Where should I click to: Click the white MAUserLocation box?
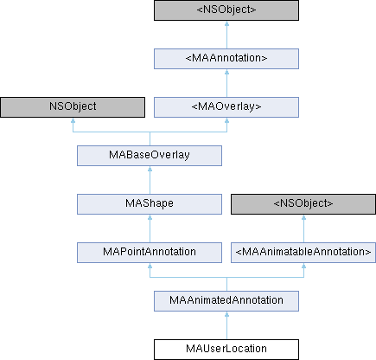coord(226,350)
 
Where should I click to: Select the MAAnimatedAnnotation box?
coord(226,301)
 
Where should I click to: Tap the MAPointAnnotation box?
coord(150,253)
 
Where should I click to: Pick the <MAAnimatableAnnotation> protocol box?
coord(303,253)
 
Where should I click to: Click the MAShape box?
coord(150,204)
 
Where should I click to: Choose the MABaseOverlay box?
coord(150,156)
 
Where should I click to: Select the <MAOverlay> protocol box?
coord(226,107)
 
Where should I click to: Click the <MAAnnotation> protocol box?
coord(226,59)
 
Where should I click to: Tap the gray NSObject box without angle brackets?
coord(73,107)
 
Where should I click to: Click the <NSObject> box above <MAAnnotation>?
coord(226,10)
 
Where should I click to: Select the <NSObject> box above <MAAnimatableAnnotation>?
coord(303,204)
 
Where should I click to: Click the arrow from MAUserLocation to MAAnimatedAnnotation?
coord(226,325)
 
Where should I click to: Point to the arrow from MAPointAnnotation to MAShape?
coord(150,228)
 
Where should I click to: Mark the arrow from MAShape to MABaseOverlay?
coord(150,180)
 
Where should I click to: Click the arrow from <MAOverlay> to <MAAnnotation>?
coord(226,83)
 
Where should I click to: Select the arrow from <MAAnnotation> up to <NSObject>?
coord(226,35)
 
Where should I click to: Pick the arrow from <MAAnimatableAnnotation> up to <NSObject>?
coord(303,228)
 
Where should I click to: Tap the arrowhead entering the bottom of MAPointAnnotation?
coord(150,266)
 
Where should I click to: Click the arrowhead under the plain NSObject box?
coord(73,120)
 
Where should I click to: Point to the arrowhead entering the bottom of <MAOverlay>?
coord(226,120)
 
